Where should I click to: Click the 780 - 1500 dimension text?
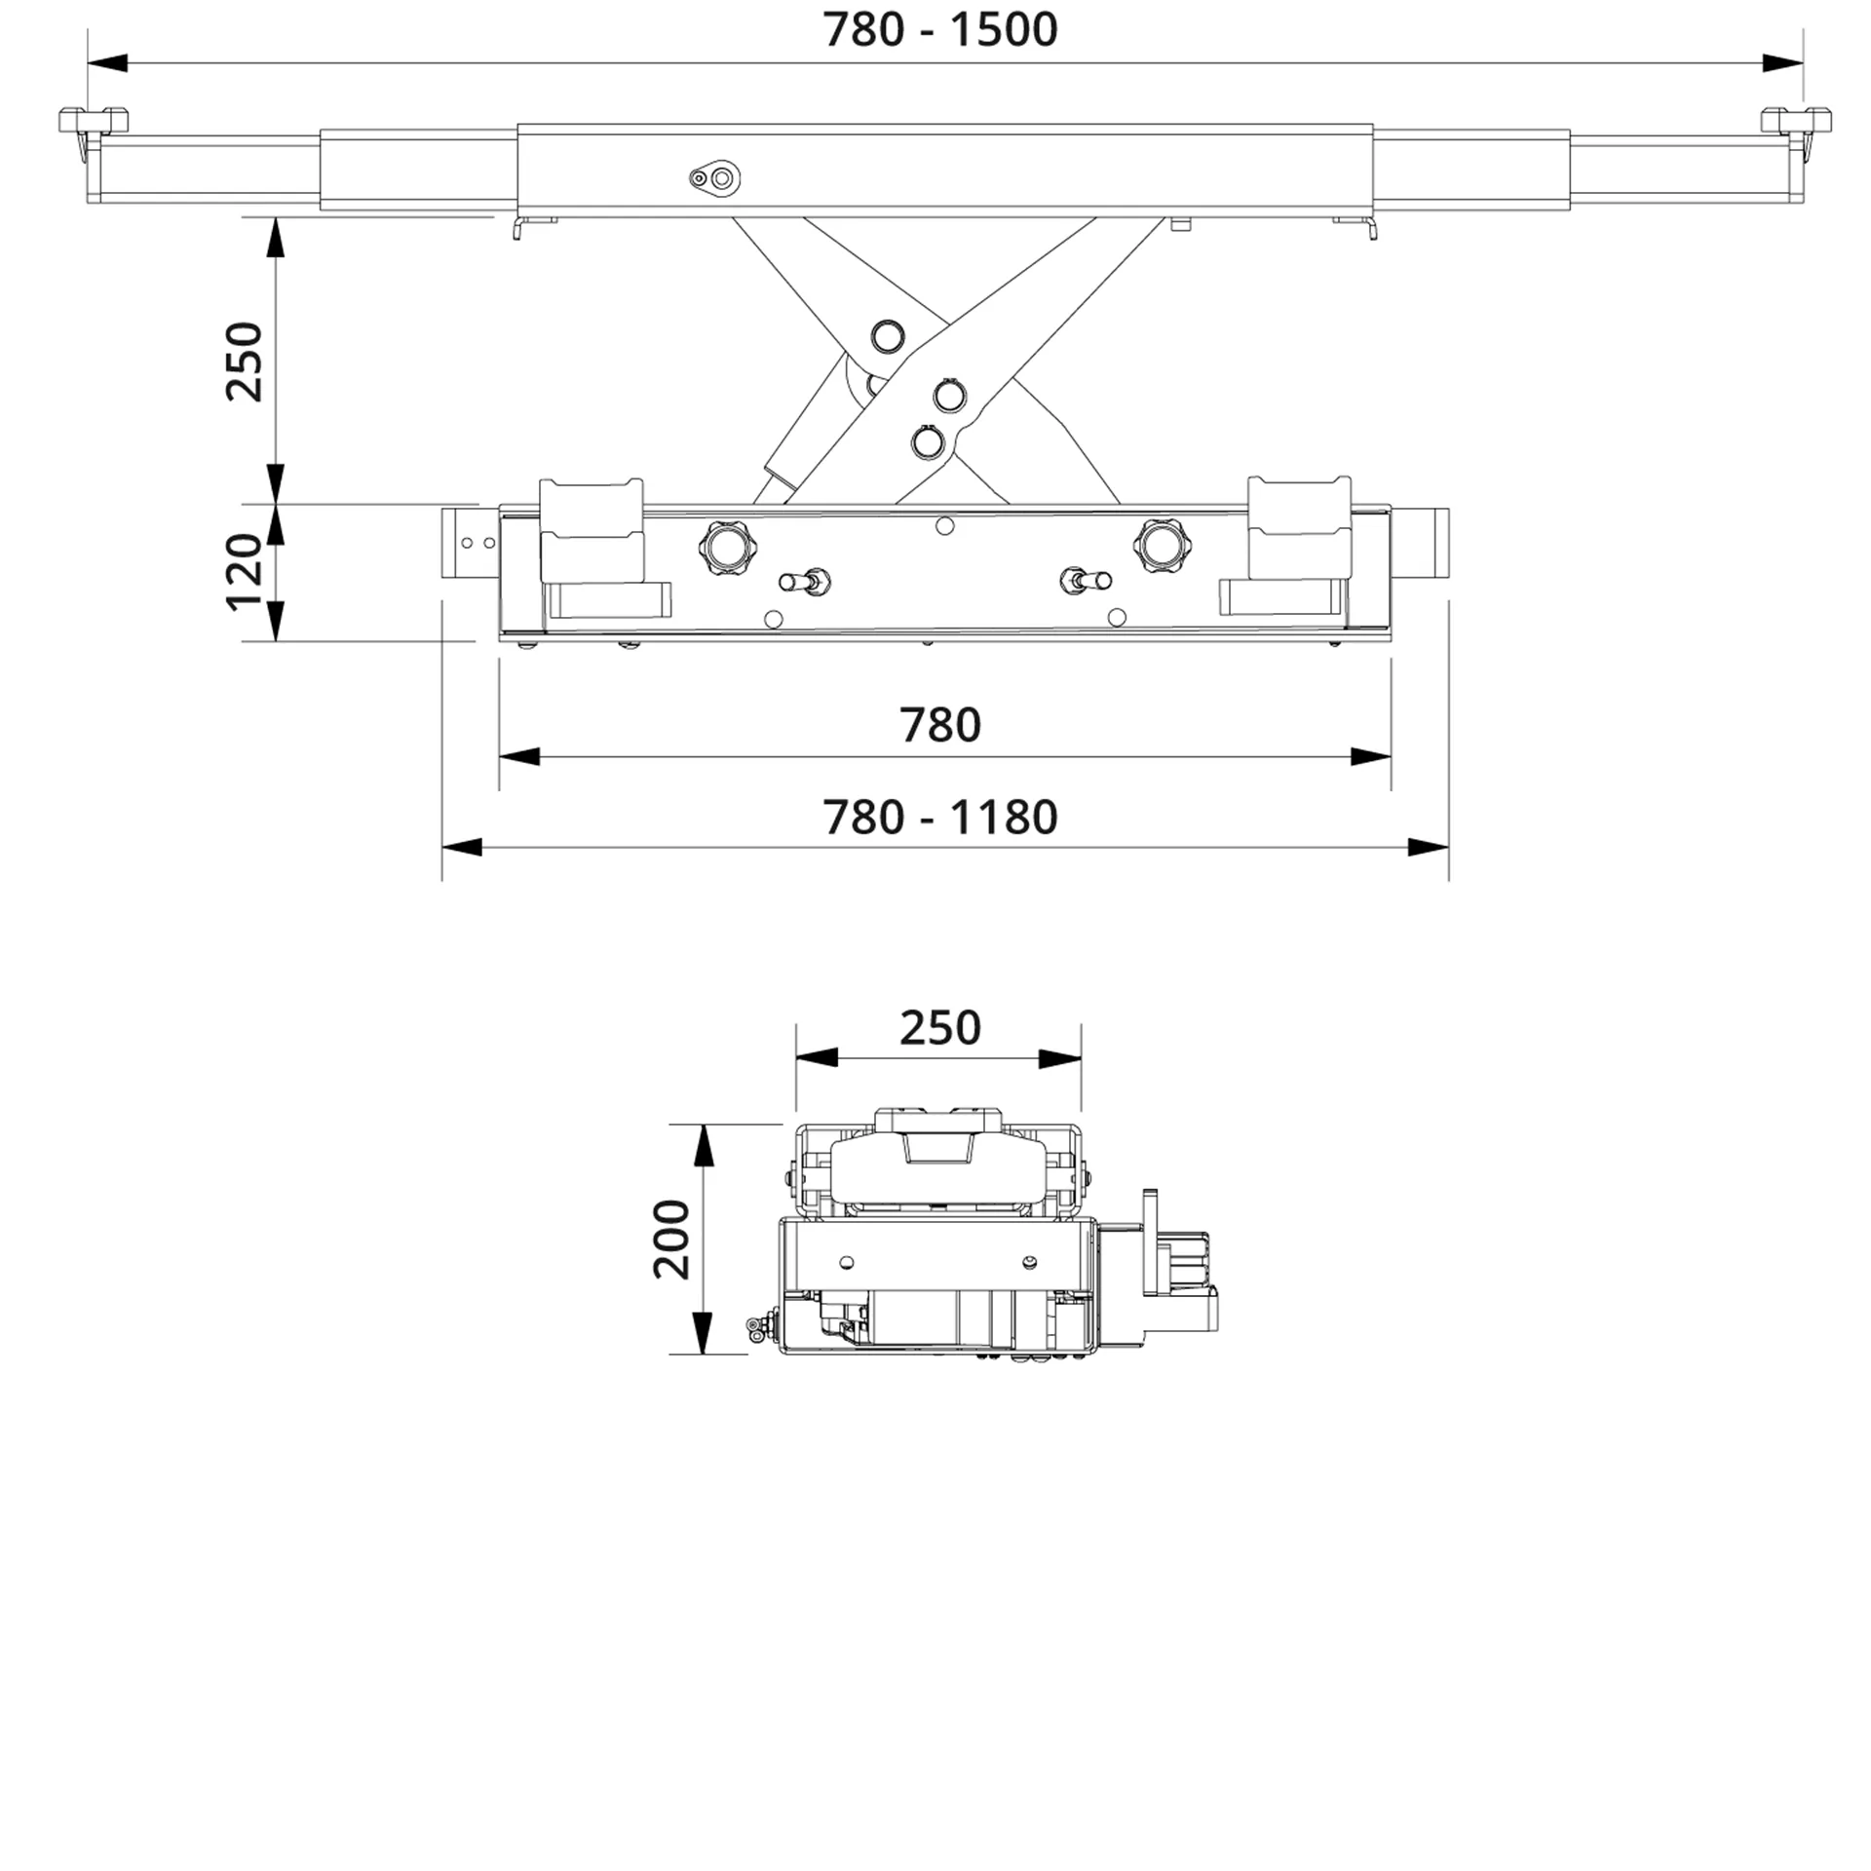tap(939, 30)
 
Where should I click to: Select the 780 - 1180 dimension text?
tap(939, 818)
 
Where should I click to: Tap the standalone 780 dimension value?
tap(939, 726)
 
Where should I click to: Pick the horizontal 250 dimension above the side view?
tap(939, 1028)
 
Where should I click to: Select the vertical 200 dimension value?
tap(671, 1240)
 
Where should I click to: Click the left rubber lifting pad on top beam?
tap(93, 121)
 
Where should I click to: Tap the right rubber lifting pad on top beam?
tap(1796, 121)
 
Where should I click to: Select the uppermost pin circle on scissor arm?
tap(887, 336)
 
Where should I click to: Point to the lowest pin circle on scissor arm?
tap(928, 443)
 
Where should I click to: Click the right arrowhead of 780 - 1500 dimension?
tap(1782, 63)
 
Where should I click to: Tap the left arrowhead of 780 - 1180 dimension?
tap(462, 847)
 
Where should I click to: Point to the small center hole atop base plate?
tap(943, 526)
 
